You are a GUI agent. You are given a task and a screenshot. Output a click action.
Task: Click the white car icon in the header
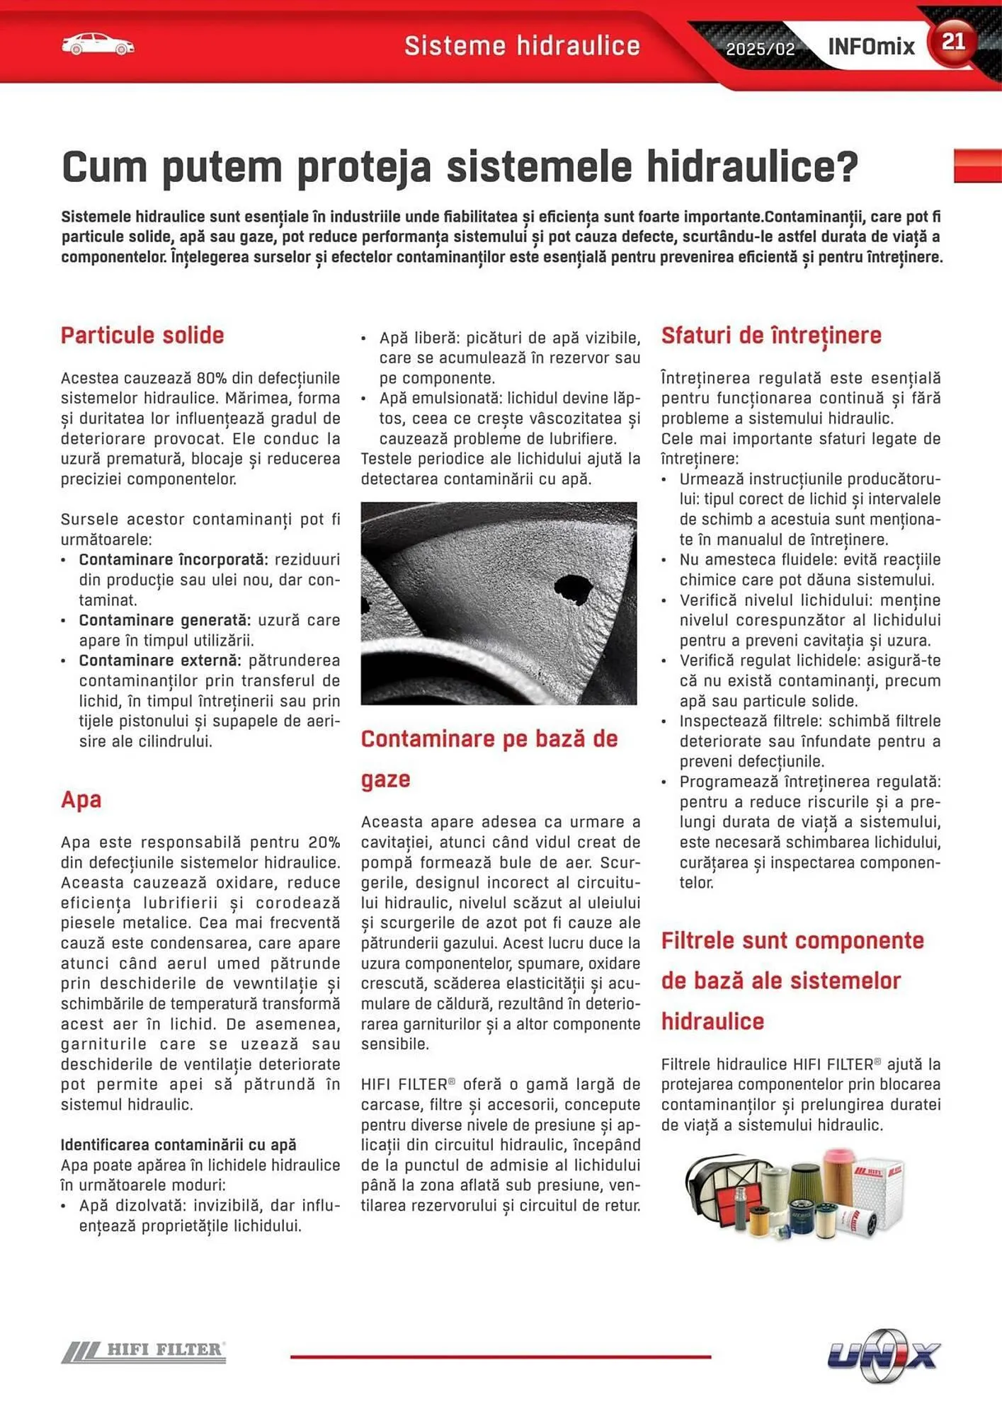(x=98, y=45)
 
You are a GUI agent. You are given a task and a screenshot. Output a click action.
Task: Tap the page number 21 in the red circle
(x=953, y=42)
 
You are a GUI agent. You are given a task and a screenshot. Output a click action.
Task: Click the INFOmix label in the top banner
(x=871, y=47)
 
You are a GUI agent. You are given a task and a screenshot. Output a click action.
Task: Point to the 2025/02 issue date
(x=760, y=49)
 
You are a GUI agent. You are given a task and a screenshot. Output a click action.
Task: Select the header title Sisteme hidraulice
(x=522, y=46)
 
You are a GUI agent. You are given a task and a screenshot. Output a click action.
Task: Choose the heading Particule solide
(x=142, y=335)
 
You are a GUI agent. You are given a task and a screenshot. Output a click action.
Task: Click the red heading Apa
(x=81, y=799)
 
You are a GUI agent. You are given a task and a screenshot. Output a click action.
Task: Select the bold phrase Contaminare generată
(x=164, y=620)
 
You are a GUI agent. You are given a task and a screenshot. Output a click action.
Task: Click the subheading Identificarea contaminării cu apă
(x=178, y=1145)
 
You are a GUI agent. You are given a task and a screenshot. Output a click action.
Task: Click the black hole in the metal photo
(x=572, y=589)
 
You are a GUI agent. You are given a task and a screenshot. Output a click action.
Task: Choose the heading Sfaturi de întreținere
(x=771, y=335)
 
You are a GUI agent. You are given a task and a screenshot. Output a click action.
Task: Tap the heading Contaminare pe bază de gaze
(x=489, y=739)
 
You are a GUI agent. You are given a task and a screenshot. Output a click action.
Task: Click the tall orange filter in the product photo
(x=838, y=1175)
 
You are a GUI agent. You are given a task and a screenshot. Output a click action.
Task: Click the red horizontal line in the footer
(x=500, y=1357)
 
